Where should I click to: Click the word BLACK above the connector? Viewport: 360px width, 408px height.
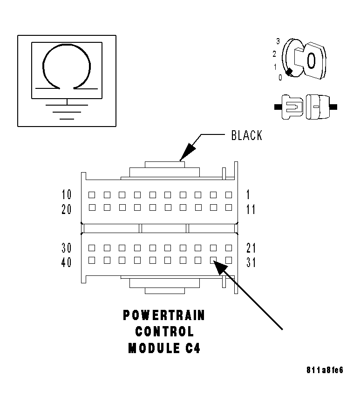point(247,135)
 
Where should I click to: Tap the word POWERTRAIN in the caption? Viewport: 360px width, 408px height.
point(164,315)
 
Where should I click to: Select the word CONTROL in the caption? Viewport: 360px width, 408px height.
point(164,332)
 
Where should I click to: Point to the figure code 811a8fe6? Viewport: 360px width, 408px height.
point(325,370)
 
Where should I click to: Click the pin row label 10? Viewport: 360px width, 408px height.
point(67,194)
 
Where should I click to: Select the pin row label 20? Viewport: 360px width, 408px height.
point(67,209)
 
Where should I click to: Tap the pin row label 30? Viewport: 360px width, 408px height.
point(67,247)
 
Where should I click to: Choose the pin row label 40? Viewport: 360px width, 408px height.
point(67,262)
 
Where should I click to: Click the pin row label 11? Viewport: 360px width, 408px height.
point(251,209)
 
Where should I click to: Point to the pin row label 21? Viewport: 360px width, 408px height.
point(251,247)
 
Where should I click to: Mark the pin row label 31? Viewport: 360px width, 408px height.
point(251,262)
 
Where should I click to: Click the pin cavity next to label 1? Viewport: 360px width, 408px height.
point(229,194)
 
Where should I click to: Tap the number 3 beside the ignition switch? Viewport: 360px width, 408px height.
point(278,41)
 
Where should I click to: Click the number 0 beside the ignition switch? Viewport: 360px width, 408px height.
point(280,78)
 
